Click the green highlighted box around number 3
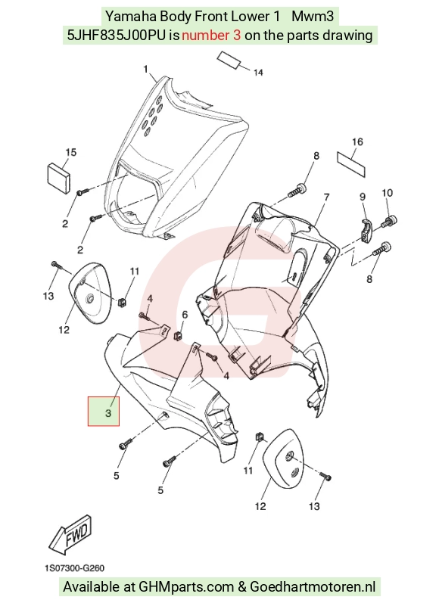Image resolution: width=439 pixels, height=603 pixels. point(104,411)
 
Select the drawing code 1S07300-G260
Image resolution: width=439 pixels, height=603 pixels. point(74,568)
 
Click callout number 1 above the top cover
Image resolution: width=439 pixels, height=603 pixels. point(145,69)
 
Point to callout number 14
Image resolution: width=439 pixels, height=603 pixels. point(258,73)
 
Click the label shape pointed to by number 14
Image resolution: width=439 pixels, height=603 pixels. point(229,60)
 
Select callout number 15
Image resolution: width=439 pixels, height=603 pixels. point(71,152)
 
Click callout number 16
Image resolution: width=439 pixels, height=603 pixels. point(357,142)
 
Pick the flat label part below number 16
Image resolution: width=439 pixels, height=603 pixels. point(351,163)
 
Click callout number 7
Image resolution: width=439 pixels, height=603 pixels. point(327,197)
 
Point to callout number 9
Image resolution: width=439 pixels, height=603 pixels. point(363,197)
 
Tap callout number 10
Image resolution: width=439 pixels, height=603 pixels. point(387,193)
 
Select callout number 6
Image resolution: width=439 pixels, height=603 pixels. point(185,315)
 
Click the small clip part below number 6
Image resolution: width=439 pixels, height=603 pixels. point(178,335)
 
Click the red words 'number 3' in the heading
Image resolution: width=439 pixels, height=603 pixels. point(211,36)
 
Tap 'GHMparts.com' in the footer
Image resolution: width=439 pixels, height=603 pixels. point(186,587)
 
